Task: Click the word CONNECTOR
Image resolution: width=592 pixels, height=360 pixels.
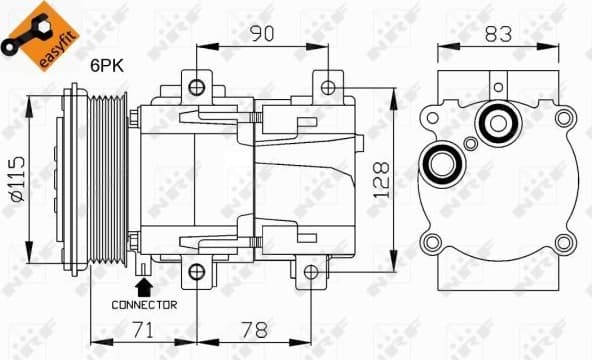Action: (x=144, y=304)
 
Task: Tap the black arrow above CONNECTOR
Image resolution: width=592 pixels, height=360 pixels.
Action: (x=145, y=286)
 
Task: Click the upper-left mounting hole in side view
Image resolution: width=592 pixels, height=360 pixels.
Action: (x=197, y=83)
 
